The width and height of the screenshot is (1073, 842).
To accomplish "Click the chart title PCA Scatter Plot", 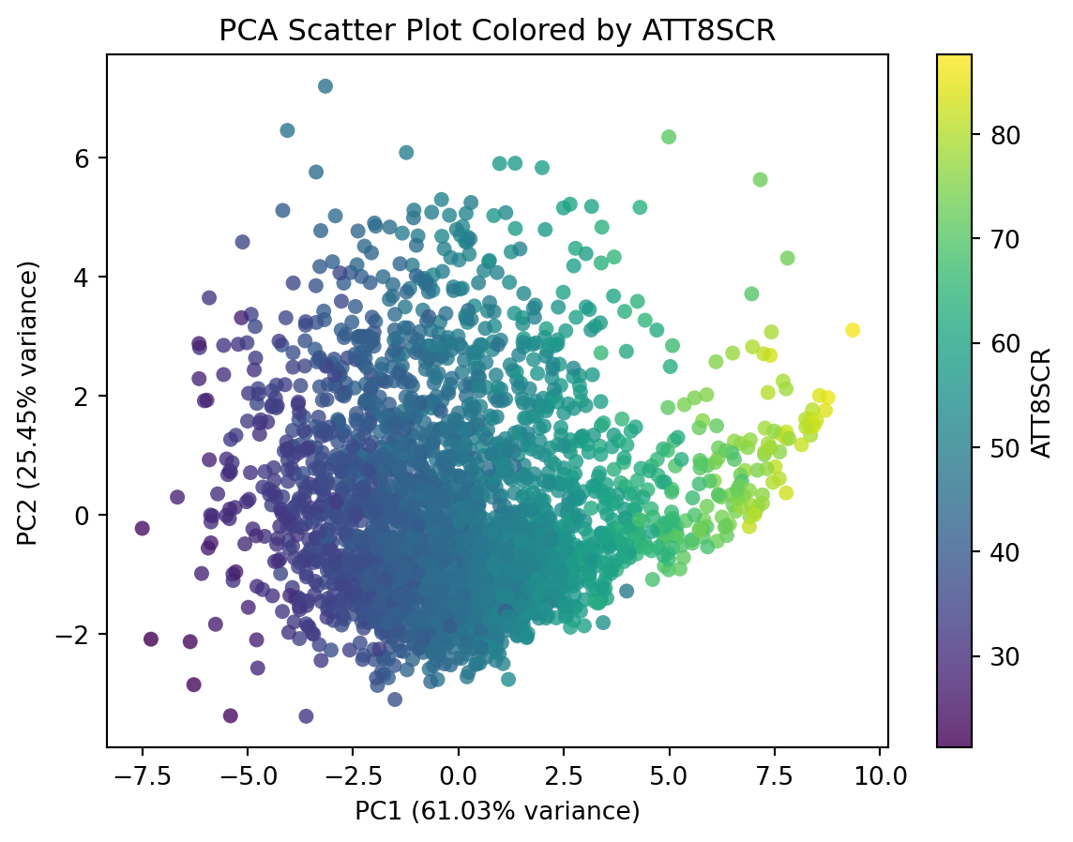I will (x=497, y=30).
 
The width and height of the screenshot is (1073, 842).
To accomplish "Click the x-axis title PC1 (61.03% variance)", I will (x=497, y=811).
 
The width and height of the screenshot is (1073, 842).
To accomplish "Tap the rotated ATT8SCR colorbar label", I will (x=1041, y=402).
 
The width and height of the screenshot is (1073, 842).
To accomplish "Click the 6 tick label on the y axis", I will (x=85, y=158).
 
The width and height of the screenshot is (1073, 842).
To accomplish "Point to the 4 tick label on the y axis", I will (x=85, y=277).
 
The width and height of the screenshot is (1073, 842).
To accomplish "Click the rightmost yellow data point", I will (x=853, y=330).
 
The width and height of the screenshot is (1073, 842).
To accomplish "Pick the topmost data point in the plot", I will (x=325, y=86).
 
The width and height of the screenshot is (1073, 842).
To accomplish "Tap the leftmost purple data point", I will (x=143, y=528).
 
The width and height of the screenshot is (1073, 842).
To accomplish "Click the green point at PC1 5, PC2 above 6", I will (x=669, y=137).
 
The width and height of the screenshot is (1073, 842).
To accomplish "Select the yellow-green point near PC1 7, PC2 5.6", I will (x=761, y=180).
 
